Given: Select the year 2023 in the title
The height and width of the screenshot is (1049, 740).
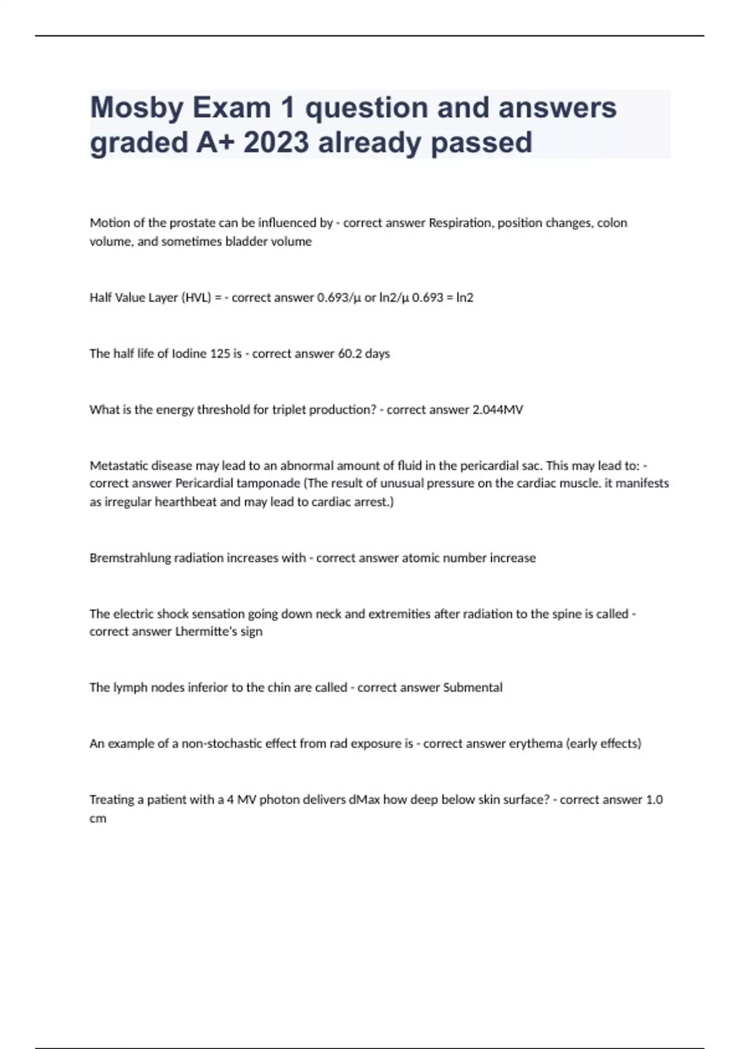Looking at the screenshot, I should [276, 143].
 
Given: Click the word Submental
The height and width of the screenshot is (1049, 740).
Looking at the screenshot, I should [472, 687].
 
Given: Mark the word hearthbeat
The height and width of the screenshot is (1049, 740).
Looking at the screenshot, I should [186, 502].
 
